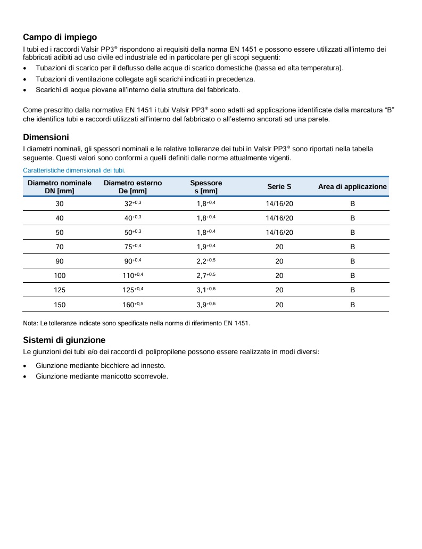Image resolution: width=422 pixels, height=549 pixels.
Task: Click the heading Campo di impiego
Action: point(60,37)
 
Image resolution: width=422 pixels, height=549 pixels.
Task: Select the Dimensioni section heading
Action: point(46,137)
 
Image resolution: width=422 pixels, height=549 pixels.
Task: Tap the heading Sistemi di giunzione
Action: point(64,340)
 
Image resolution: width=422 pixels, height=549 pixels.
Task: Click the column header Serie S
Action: point(279,187)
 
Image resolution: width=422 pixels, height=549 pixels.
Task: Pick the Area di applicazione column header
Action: point(352,187)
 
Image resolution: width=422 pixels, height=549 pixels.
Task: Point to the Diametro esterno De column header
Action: point(133,187)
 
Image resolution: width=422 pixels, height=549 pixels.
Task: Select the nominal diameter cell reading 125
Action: point(59,290)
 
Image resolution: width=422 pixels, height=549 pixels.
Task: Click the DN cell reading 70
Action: point(59,247)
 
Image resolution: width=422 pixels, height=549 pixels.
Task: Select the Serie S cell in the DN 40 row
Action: point(279,218)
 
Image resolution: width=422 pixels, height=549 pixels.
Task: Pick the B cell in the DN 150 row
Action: point(352,305)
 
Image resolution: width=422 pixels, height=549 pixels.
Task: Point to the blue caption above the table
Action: point(74,170)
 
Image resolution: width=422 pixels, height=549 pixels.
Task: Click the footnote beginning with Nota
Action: point(136,323)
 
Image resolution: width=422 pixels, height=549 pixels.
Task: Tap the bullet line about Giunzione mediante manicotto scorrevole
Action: point(102,376)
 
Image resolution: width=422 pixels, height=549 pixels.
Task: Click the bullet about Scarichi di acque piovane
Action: point(138,89)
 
